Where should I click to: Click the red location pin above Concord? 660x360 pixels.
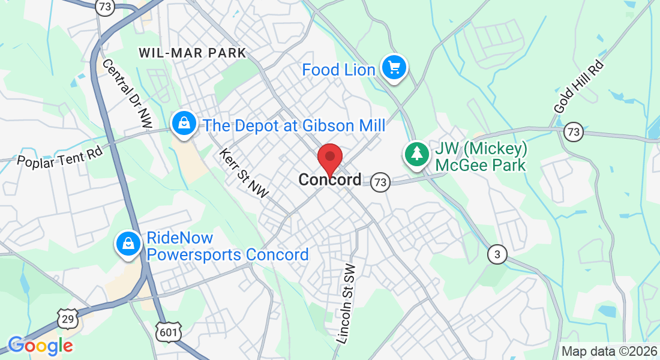tap(329, 157)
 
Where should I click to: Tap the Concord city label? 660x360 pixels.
tap(330, 179)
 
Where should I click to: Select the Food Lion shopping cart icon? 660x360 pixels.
tap(394, 67)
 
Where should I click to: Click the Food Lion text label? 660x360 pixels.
tap(338, 70)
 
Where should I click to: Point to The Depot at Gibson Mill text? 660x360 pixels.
tap(294, 125)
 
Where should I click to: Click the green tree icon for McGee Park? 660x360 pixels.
tap(416, 154)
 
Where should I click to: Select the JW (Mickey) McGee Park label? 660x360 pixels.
tap(481, 157)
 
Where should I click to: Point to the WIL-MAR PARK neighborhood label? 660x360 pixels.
tap(192, 53)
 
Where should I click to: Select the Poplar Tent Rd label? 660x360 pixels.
tap(60, 155)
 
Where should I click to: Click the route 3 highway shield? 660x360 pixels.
tap(497, 254)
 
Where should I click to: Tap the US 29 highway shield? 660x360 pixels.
tap(67, 319)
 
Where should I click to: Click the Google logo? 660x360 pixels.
tap(40, 346)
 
